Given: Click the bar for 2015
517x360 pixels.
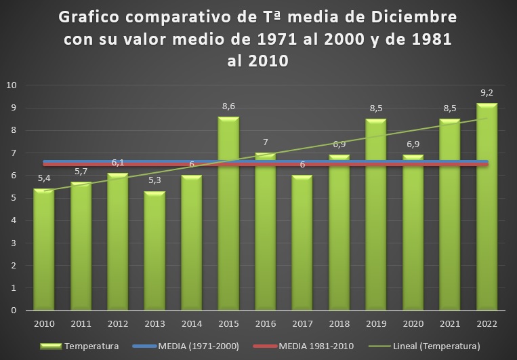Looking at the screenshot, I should pyautogui.click(x=228, y=214).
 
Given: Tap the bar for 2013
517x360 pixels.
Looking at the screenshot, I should pyautogui.click(x=154, y=251).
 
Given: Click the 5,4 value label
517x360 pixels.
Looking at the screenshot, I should pyautogui.click(x=44, y=179).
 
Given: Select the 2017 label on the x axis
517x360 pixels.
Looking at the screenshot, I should pyautogui.click(x=302, y=324).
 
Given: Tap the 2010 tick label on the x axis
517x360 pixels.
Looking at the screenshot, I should pyautogui.click(x=44, y=324).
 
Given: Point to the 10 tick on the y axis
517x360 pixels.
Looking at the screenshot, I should pyautogui.click(x=12, y=85).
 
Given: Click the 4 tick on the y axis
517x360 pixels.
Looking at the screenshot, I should pyautogui.click(x=14, y=220).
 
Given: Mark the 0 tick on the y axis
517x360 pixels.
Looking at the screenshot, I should pyautogui.click(x=14, y=311).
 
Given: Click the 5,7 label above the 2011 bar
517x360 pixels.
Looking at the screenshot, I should pyautogui.click(x=81, y=172).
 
